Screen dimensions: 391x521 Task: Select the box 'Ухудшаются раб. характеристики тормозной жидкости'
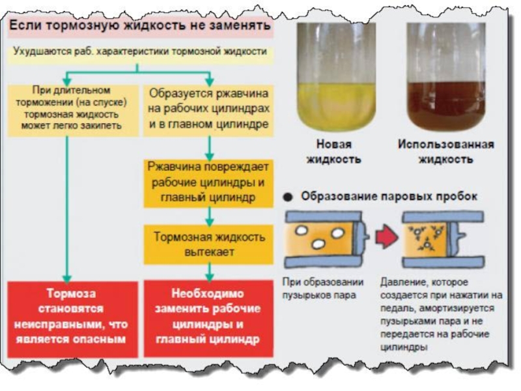139,51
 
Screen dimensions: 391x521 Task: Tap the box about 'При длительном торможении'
72,107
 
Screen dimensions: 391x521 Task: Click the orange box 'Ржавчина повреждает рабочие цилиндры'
208,182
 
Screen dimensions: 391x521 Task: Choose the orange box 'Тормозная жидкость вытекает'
208,244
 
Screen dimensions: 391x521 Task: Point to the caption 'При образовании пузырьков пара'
322,289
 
